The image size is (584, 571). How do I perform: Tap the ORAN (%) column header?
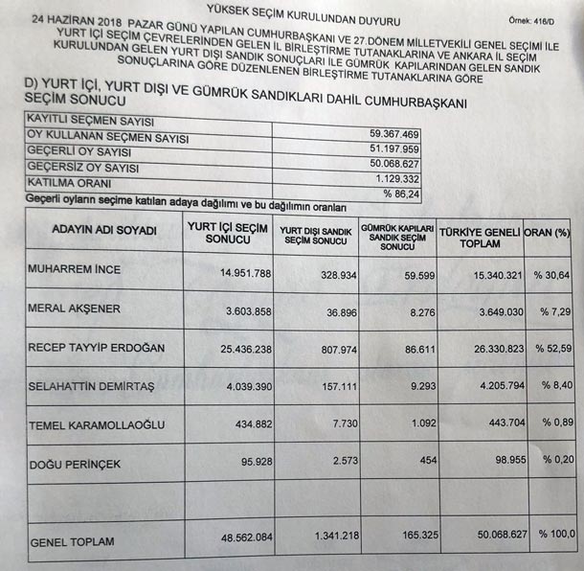(x=551, y=232)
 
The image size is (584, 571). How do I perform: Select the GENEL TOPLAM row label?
(x=73, y=542)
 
